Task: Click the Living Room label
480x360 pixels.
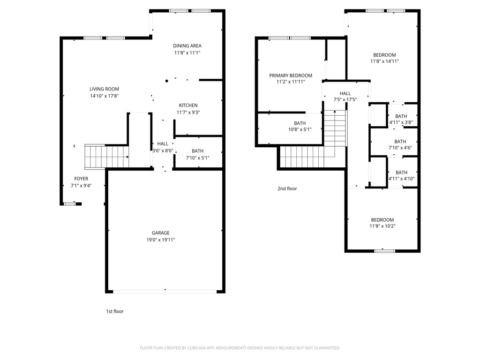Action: [105, 89]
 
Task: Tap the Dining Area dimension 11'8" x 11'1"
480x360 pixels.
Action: [187, 53]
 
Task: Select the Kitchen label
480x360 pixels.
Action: [187, 105]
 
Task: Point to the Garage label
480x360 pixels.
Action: [160, 233]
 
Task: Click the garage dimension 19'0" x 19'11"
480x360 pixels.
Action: [160, 240]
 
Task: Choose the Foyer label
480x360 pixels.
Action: [81, 179]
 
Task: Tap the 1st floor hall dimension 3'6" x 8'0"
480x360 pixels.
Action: [163, 151]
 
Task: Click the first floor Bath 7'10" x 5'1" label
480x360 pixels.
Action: [197, 151]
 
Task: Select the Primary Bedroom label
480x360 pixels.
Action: [291, 75]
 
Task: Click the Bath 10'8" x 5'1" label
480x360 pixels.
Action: [300, 123]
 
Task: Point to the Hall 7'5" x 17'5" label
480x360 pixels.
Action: [345, 93]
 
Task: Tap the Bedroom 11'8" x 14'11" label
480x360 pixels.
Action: [384, 55]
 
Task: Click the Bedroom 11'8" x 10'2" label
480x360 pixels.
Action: [382, 220]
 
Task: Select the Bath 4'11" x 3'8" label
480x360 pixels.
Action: [401, 116]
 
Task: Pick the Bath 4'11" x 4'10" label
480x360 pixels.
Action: [401, 172]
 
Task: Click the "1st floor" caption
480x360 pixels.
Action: [115, 311]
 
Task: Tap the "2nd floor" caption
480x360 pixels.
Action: [287, 189]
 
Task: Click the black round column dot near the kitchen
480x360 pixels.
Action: [166, 81]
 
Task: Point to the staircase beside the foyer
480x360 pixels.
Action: [106, 157]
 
